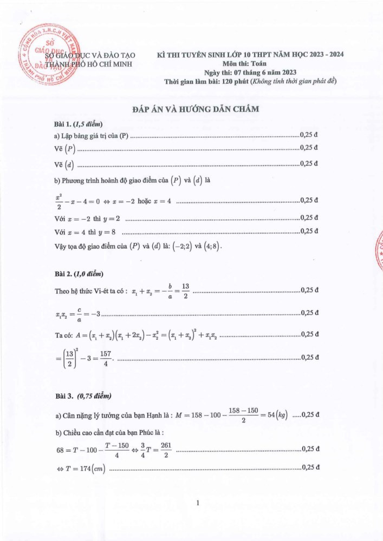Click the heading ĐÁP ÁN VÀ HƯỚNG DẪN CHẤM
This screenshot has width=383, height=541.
pos(196,109)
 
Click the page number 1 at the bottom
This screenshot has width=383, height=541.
pos(198,503)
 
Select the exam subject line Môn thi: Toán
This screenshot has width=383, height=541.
pos(249,63)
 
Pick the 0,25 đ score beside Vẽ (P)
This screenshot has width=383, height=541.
pos(309,148)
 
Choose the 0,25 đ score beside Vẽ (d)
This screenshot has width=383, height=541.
pos(309,163)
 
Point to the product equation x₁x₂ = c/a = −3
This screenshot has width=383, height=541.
pos(78,313)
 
